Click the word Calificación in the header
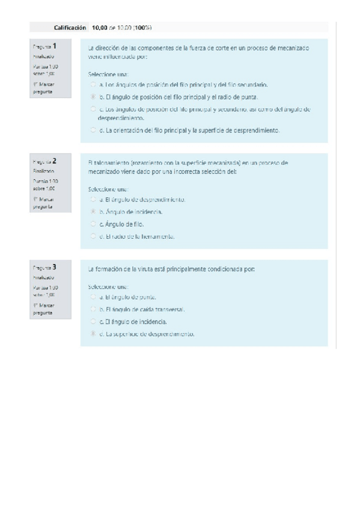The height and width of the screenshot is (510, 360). [x=70, y=28]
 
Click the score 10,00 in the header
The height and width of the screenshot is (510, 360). [x=99, y=28]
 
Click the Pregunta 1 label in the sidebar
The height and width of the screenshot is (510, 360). [x=46, y=46]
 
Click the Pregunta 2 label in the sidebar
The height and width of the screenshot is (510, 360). [x=46, y=161]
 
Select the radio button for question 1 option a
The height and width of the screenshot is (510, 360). [x=93, y=85]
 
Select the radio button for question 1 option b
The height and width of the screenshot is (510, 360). [x=93, y=96]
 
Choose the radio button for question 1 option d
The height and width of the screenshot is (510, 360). [x=93, y=129]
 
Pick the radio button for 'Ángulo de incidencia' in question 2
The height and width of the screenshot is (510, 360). [x=93, y=212]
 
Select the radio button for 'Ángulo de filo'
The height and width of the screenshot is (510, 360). [x=93, y=224]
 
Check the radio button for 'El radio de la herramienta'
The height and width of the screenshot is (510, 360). [x=93, y=236]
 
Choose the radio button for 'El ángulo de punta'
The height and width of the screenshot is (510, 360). [x=93, y=297]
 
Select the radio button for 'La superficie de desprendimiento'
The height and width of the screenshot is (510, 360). [x=93, y=334]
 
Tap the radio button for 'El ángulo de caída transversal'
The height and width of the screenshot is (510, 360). [x=93, y=309]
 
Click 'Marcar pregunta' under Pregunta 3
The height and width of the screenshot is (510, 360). [x=43, y=310]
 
